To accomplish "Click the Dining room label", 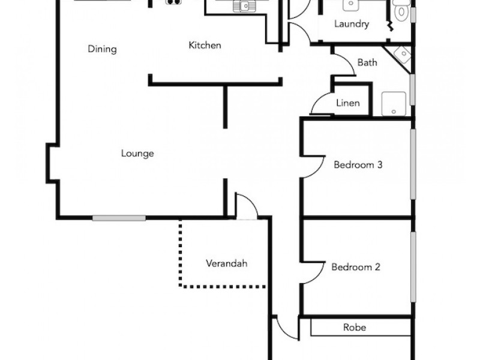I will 101,49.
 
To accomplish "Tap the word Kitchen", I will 205,45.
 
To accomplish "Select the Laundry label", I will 351,25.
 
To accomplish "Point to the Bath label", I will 367,62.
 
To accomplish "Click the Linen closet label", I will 348,103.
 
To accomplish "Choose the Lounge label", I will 137,154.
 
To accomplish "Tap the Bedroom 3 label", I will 358,165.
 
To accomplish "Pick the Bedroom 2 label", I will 356,267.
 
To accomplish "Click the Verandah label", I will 227,263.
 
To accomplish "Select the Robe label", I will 355,328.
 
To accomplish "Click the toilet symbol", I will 401,10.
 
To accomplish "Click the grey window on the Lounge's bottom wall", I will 119,218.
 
